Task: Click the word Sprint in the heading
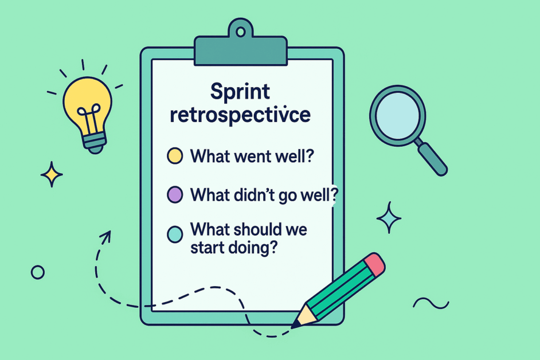point(240,92)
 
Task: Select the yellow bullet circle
point(174,156)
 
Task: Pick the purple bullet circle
point(174,194)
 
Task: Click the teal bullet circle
point(174,233)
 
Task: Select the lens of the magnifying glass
point(397,112)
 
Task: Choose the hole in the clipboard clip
point(241,31)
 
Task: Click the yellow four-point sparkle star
point(52,174)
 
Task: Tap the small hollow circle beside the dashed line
point(37,272)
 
